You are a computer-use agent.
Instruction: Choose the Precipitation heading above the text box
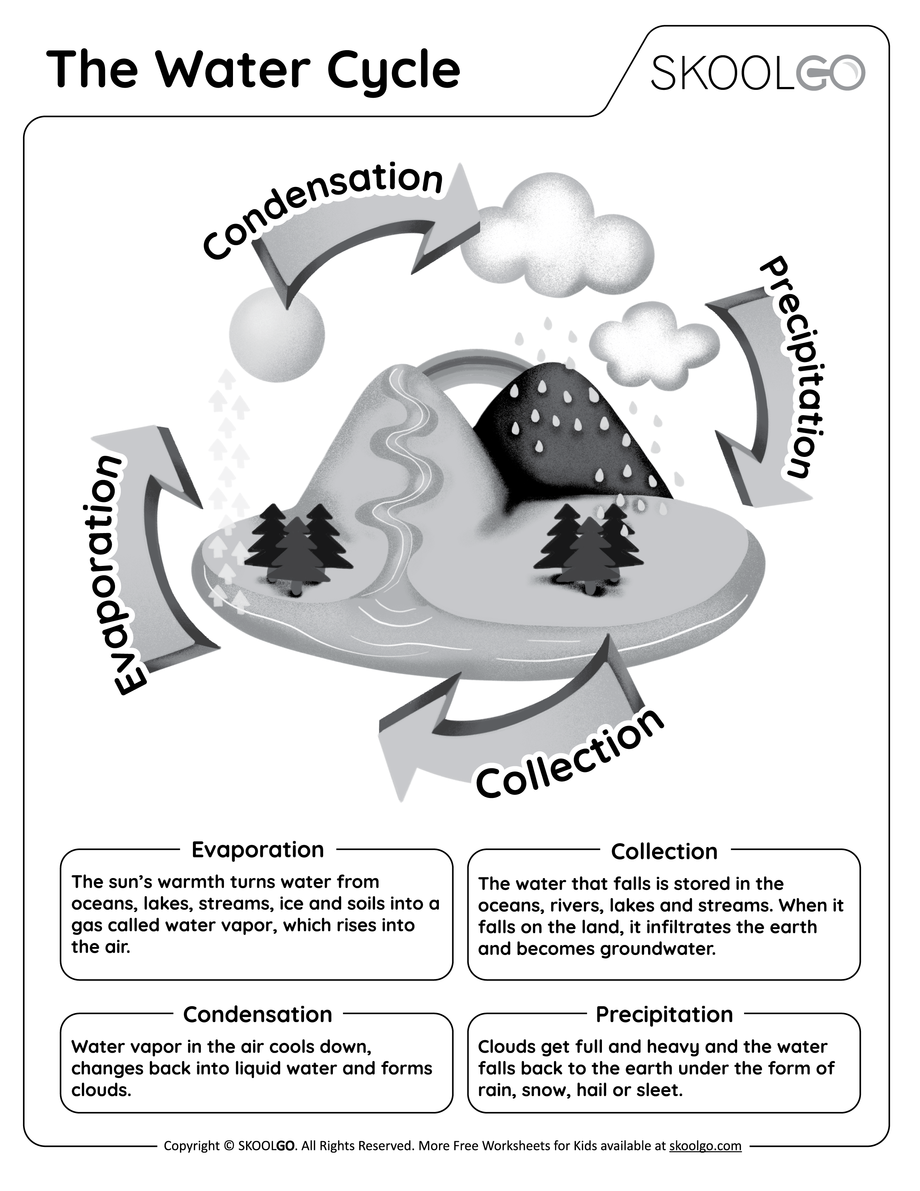(x=664, y=1015)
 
